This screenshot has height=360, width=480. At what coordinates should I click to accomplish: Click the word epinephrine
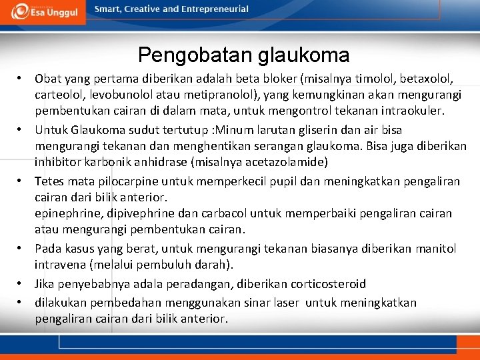[67, 213]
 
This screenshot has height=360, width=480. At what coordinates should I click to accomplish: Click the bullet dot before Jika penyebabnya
[21, 284]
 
